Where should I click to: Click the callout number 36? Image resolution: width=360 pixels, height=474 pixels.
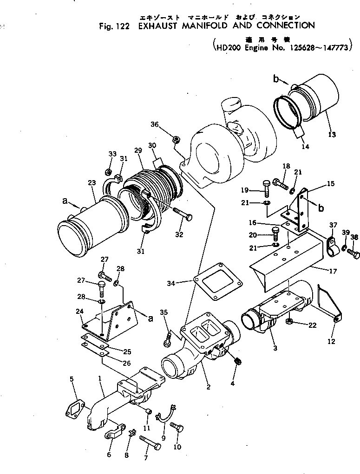click(154, 124)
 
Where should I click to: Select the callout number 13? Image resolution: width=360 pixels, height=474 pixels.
click(331, 135)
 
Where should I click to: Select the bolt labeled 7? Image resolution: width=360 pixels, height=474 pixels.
click(150, 442)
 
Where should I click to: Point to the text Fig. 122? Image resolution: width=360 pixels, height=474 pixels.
click(114, 26)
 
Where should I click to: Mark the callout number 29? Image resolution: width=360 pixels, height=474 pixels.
click(137, 151)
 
